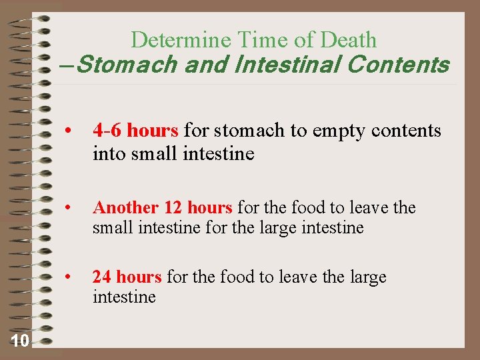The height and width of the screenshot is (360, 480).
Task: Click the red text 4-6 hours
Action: click(x=135, y=130)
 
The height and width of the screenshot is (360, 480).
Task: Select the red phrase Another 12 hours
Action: click(x=163, y=208)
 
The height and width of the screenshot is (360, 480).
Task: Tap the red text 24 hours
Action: click(x=127, y=277)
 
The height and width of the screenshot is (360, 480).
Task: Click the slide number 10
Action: click(x=19, y=342)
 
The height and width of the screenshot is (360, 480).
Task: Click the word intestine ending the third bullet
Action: click(x=124, y=297)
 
